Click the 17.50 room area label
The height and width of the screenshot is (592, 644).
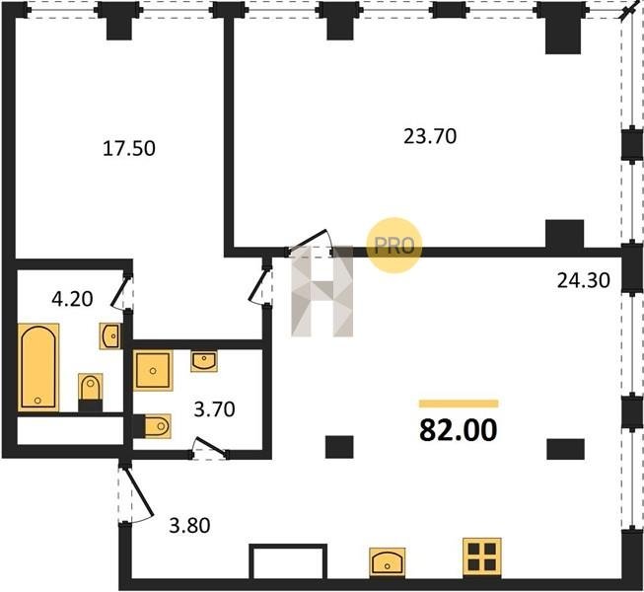point(129,148)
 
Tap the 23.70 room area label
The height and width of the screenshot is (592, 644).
point(430,136)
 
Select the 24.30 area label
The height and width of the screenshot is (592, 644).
point(583,280)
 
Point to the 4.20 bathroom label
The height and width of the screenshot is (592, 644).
point(72,299)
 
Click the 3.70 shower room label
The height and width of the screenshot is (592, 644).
point(214,409)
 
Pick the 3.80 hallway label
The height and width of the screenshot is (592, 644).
point(189,525)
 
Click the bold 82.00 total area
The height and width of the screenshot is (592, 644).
point(458,430)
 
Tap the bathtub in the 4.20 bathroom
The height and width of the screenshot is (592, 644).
point(38,367)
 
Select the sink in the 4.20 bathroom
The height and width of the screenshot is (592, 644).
point(110,336)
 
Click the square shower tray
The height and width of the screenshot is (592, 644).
point(153,370)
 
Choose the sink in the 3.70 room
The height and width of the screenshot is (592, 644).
point(204,361)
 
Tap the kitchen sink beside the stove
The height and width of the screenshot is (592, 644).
point(387,562)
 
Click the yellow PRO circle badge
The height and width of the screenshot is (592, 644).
point(394,246)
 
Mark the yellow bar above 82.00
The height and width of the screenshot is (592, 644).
point(459,404)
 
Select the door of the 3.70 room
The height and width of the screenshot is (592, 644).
point(209,448)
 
